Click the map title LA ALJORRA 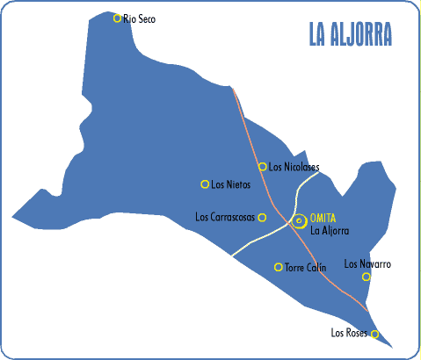tap(350, 34)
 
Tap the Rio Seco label tap(140, 18)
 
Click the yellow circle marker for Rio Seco tap(117, 17)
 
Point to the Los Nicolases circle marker tap(262, 166)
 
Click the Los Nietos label tap(231, 184)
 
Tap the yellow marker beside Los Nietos tap(205, 184)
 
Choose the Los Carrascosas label tap(224, 217)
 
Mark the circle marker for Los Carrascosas tap(262, 217)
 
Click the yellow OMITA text tap(323, 218)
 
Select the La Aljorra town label tap(330, 231)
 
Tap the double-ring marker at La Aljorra tap(299, 220)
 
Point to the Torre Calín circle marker tap(279, 267)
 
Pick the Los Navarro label tap(367, 263)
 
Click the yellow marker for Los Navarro tap(367, 277)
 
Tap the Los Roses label tap(348, 333)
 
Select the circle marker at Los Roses tap(375, 334)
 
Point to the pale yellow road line tap(255, 240)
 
